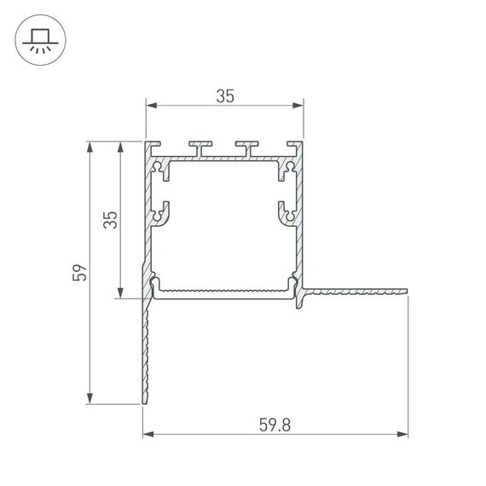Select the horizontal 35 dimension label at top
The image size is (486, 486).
tap(224, 96)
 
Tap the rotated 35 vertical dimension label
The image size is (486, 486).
tap(109, 220)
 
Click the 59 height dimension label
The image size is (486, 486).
tap(80, 273)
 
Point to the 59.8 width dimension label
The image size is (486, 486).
tap(275, 425)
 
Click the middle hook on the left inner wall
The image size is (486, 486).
tap(160, 212)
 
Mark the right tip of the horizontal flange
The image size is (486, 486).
tap(406, 292)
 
